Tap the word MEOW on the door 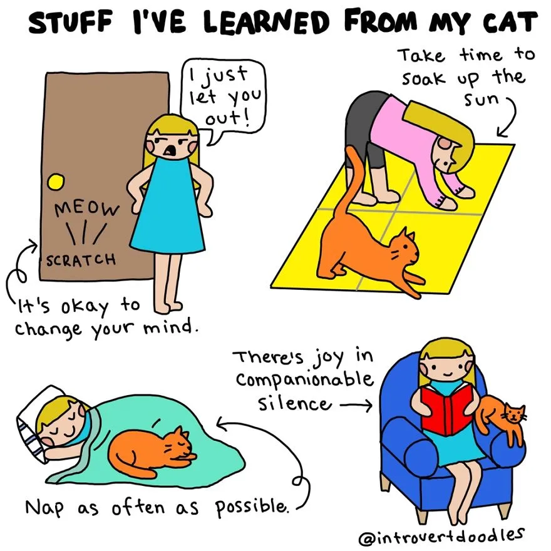86,209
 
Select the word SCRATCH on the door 81,259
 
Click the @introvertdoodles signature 441,536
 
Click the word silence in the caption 294,403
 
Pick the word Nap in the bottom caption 44,507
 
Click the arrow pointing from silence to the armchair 356,406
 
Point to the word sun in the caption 481,99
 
